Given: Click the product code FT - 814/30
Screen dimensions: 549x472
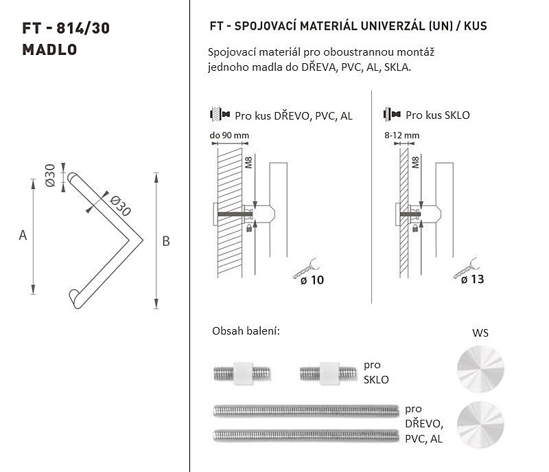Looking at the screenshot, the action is (x=66, y=28).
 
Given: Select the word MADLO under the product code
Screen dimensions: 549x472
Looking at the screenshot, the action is (x=49, y=49).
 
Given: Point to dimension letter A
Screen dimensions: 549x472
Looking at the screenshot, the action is (x=23, y=235).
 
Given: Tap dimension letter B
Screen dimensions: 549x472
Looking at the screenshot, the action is (x=166, y=241).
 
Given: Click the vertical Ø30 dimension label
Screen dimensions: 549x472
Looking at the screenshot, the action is (x=50, y=175).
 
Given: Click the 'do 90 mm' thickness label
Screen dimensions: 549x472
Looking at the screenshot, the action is (x=229, y=135).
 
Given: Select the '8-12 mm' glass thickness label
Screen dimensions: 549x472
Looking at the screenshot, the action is (x=401, y=135).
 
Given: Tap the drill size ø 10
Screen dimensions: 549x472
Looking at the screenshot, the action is (x=312, y=280).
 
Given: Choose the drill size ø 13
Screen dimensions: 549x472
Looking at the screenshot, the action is (x=473, y=279).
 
